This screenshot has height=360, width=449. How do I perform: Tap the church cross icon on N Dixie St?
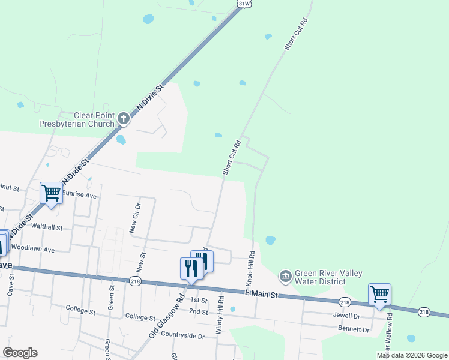[x=123, y=118]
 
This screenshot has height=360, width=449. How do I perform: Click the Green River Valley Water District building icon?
[x=285, y=277]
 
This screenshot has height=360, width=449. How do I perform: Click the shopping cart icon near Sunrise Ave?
[x=51, y=193]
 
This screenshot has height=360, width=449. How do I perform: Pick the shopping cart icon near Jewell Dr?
[x=379, y=295]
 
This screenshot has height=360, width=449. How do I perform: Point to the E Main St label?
[x=261, y=295]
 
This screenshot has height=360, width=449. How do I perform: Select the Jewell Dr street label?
[x=345, y=315]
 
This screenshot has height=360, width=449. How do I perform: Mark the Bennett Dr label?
[x=354, y=329]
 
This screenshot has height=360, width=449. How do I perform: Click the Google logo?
[x=20, y=353]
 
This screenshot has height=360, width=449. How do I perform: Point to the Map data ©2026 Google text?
[x=412, y=355]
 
